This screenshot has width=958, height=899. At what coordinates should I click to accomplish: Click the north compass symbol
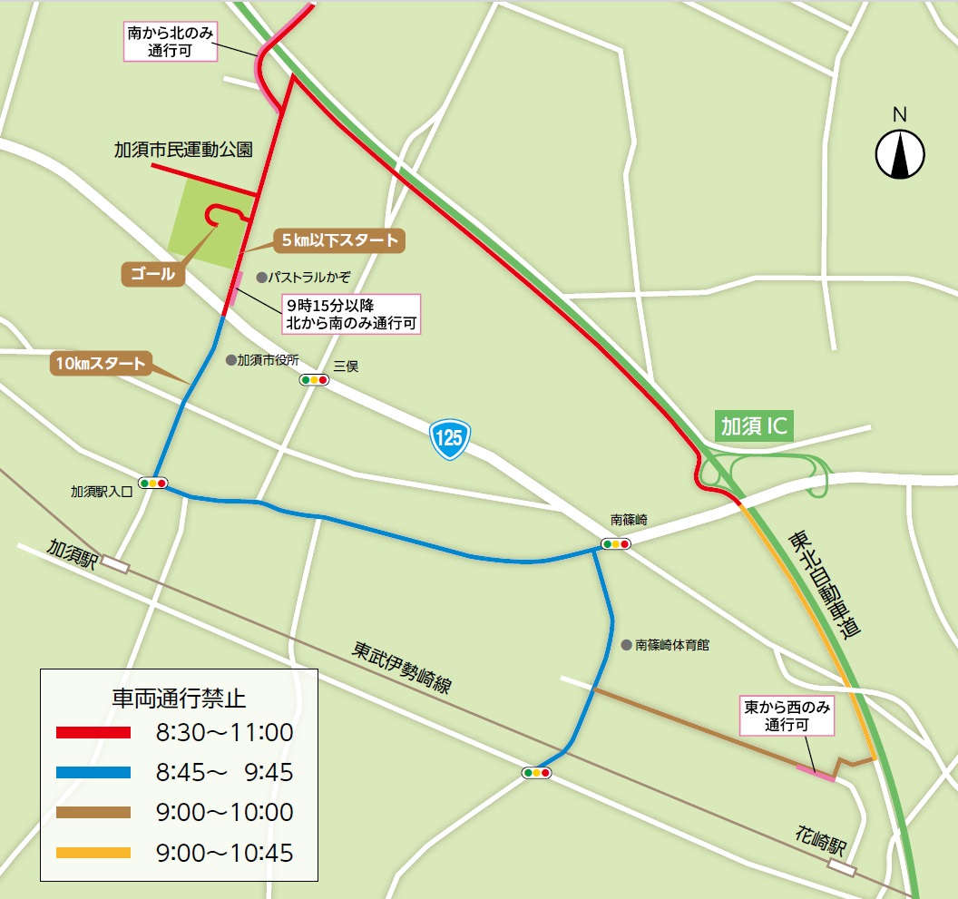(x=900, y=153)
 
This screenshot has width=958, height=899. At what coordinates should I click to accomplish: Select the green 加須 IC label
(x=755, y=426)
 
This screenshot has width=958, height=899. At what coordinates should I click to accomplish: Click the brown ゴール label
(x=153, y=274)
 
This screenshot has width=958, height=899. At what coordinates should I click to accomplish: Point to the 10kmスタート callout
(x=100, y=364)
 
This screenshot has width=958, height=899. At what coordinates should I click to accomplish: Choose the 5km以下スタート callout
(x=338, y=241)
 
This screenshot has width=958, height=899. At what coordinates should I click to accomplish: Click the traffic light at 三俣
(x=315, y=380)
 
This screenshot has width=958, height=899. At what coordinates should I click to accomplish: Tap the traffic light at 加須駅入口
(x=153, y=483)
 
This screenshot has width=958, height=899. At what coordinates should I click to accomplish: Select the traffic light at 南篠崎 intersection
(x=616, y=544)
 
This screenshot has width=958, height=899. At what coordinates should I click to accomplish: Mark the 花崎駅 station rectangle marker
(x=841, y=868)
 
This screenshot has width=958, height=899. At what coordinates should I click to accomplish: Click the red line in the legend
(x=93, y=732)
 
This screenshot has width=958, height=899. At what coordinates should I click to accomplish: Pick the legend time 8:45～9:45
(x=224, y=773)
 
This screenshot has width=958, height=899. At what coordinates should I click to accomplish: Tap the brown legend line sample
(x=93, y=813)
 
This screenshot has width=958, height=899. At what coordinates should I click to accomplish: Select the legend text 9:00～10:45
(x=224, y=853)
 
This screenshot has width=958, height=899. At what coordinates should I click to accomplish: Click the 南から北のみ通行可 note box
(x=171, y=43)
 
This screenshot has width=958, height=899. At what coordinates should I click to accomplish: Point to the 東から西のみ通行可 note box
(x=786, y=716)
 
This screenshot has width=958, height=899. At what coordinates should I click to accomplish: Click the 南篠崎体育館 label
(x=671, y=645)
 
